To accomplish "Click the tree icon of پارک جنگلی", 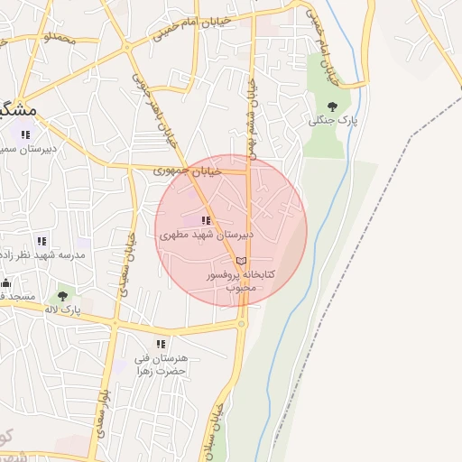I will tap(331, 105).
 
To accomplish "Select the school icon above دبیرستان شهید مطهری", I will tap(207, 219).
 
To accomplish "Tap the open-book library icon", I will tap(241, 260).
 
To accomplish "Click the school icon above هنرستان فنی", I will tap(161, 343).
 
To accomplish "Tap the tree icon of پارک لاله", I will tap(62, 294).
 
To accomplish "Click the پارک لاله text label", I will tap(64, 310).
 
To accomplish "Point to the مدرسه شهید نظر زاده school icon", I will tap(41, 241).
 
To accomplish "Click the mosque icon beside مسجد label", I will tap(6, 283).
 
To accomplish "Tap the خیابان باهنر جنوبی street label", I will tap(153, 109).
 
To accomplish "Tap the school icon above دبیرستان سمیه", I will tap(24, 134).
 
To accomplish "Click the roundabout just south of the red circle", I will tap(242, 323).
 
